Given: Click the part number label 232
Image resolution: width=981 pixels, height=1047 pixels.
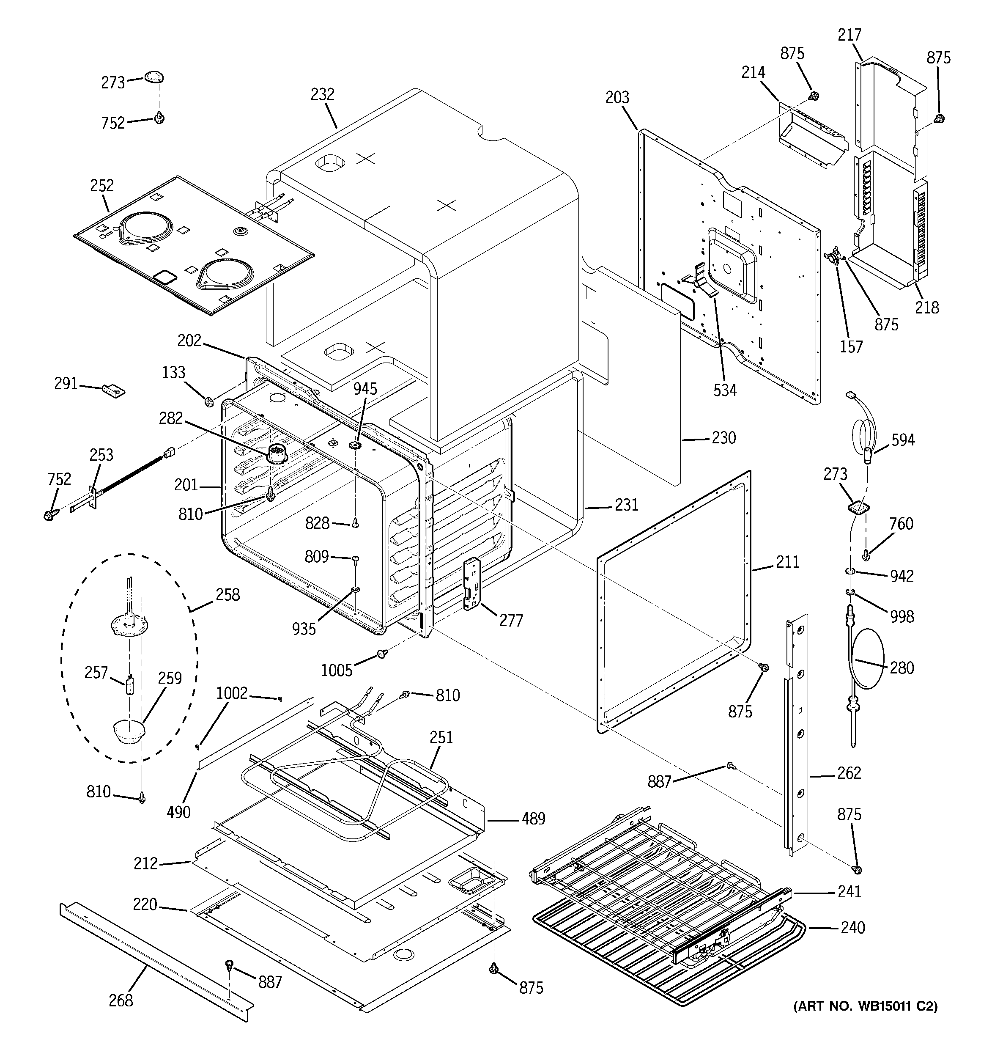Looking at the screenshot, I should (x=322, y=94).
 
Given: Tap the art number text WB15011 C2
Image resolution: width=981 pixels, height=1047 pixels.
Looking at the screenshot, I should (x=865, y=1006).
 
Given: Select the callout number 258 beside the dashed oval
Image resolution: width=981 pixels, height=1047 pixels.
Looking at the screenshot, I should (x=227, y=595).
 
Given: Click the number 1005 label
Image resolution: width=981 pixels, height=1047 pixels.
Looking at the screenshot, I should (x=337, y=670).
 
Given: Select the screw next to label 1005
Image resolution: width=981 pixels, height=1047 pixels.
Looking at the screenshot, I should (x=382, y=654).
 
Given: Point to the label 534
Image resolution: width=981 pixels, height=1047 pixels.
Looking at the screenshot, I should (x=725, y=390).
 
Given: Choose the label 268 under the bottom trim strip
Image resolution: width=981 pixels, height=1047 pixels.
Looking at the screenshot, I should (x=121, y=1000).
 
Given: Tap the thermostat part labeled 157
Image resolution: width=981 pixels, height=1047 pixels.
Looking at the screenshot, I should (x=833, y=258).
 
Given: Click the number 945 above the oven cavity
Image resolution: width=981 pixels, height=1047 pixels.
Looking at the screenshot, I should (x=365, y=389).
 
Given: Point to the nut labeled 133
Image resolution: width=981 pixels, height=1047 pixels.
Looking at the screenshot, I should (x=208, y=402).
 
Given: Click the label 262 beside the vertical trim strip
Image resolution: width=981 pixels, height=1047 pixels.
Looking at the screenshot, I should (x=849, y=772).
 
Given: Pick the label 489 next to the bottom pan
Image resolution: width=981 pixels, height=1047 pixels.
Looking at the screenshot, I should (x=533, y=819).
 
